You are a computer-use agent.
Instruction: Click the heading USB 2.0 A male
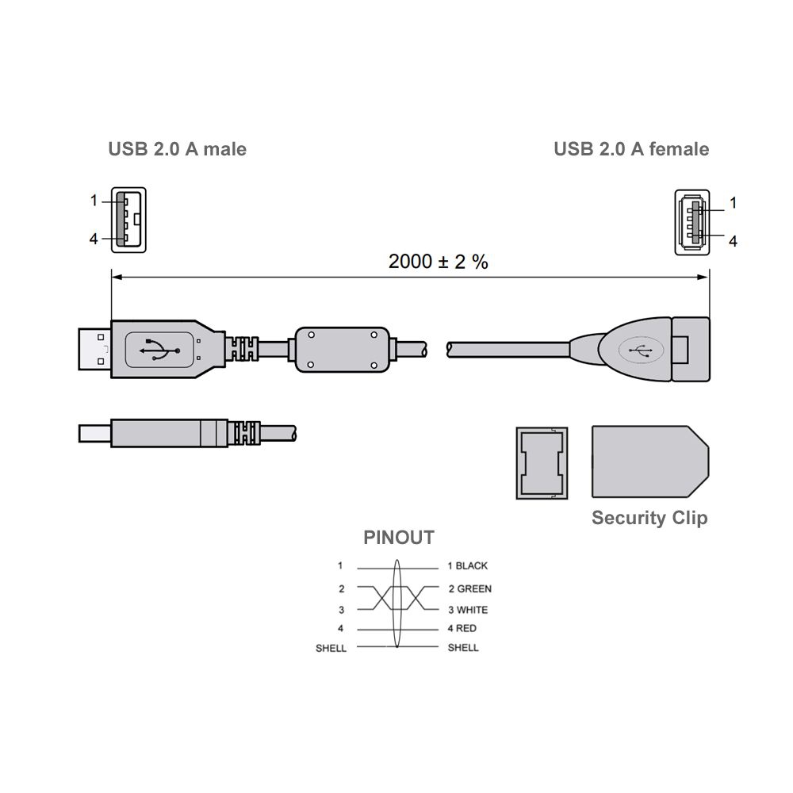[177, 149]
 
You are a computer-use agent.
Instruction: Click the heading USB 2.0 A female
[631, 149]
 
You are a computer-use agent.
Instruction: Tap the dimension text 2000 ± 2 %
[438, 262]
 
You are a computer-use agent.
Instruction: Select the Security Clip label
[649, 518]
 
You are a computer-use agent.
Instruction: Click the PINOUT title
[399, 537]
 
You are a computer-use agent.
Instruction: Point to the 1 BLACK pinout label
[468, 566]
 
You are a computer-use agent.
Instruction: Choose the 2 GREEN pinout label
[469, 588]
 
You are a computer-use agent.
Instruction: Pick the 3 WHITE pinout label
[468, 610]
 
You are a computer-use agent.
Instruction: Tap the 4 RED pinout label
[462, 629]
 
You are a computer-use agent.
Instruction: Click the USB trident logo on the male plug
[159, 350]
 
